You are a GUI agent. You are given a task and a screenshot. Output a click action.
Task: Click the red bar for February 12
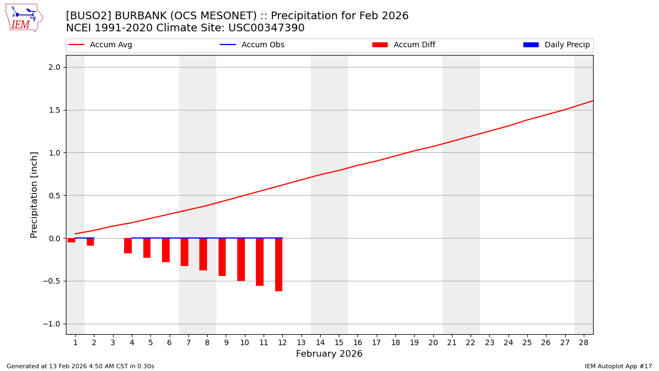tap(278, 264)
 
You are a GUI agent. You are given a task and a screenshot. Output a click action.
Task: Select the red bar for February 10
tap(241, 259)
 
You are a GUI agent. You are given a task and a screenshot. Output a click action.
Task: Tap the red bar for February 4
tap(128, 246)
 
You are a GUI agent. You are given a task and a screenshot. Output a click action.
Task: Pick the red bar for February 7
tap(185, 252)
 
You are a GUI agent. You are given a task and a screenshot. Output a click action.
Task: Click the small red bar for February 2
tap(90, 242)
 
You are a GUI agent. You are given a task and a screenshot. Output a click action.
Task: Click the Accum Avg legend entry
tap(100, 45)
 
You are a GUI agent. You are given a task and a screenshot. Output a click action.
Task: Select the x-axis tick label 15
tap(339, 342)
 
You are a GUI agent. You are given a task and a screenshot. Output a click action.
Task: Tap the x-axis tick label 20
tap(433, 342)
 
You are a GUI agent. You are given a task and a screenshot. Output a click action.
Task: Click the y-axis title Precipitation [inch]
tap(34, 195)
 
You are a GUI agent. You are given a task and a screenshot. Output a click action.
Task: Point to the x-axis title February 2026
tap(329, 354)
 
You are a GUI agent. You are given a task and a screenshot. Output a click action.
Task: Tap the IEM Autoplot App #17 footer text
tap(618, 366)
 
